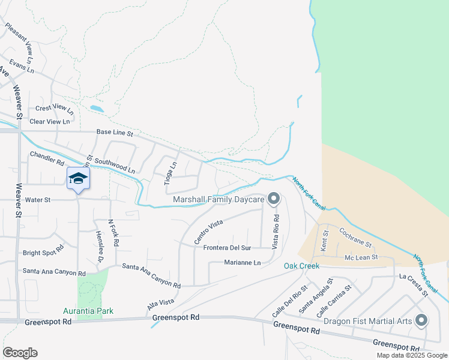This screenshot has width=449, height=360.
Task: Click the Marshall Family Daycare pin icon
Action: (274, 199)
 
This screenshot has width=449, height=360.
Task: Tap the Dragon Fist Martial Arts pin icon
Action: (421, 320)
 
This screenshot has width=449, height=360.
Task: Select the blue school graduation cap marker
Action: (79, 179)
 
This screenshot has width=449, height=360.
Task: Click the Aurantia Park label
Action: (88, 311)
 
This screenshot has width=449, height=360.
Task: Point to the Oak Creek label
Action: (301, 266)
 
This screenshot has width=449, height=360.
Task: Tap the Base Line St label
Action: (115, 133)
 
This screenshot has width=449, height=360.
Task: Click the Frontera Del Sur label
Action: (227, 248)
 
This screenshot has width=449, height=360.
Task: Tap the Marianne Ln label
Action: (243, 263)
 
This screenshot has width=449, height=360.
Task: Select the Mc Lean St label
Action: (360, 257)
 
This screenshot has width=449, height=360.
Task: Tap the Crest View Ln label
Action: (55, 109)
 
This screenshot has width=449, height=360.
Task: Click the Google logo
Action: (20, 352)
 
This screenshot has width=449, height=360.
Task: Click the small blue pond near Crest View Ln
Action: (96, 109)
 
